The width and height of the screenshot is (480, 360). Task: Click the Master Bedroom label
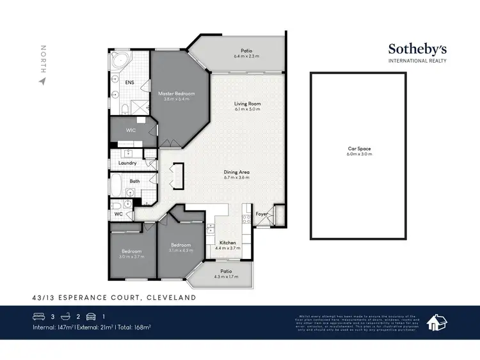coord(176,93)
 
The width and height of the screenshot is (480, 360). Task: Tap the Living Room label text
coord(247,103)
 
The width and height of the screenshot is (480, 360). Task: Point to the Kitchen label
coord(228,243)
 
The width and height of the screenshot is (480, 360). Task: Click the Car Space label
coord(358,148)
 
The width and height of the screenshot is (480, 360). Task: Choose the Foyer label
coord(262,214)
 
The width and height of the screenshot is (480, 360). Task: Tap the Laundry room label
coord(127,163)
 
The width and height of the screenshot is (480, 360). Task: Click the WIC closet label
coord(131,130)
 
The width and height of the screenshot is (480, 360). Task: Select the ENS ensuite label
coord(129,82)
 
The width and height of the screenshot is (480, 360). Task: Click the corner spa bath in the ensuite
coord(119,62)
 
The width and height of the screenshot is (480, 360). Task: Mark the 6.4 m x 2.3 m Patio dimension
coord(246,57)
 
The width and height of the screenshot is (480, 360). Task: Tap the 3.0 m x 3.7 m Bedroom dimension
coord(133,256)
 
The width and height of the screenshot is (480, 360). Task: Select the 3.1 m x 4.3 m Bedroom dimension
coord(180,250)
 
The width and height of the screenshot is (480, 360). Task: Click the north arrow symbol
coord(43,81)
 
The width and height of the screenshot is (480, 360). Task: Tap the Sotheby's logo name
coord(418,49)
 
